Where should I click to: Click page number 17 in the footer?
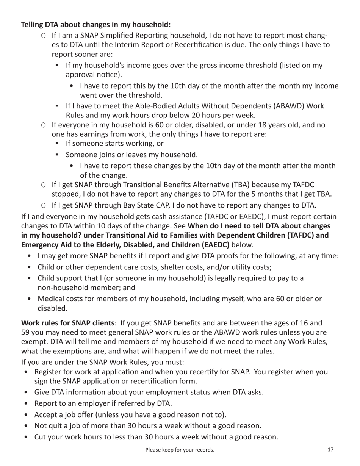click(x=330, y=450)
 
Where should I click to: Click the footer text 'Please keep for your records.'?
click(x=180, y=450)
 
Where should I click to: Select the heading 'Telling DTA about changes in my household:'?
click(x=96, y=25)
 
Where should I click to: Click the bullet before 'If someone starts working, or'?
click(x=57, y=144)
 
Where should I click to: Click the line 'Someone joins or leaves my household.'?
click(x=131, y=155)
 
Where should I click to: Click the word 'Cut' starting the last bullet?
click(x=41, y=437)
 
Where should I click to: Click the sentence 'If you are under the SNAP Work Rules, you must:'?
click(x=102, y=361)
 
